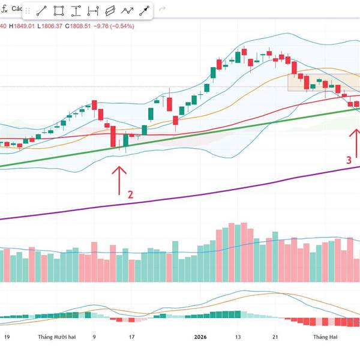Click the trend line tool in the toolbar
(41, 11)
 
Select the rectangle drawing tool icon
(59, 11)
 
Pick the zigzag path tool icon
(128, 11)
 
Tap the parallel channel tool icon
(110, 11)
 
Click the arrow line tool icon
(145, 11)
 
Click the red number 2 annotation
(130, 194)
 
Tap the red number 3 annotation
(348, 160)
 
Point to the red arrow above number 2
(119, 178)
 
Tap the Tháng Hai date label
(325, 337)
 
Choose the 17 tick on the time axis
(132, 337)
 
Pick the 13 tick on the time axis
(238, 337)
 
